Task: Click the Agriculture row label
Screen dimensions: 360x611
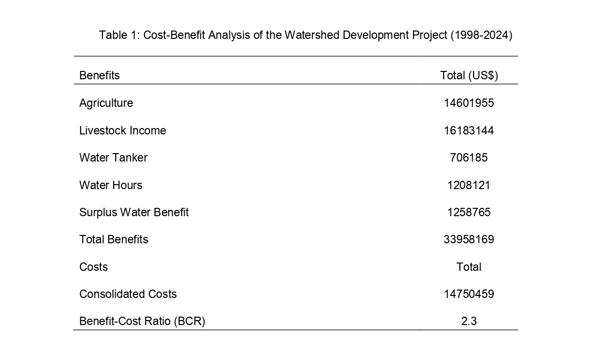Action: pos(106,103)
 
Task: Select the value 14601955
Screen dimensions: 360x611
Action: pos(469,103)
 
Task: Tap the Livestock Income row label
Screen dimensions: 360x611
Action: pos(123,131)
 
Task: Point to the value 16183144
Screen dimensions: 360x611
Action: pos(469,131)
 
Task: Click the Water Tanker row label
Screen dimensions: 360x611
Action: pos(113,158)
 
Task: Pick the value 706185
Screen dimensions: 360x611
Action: pos(469,158)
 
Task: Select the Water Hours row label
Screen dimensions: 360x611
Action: pos(111,185)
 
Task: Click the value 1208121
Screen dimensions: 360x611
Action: pos(469,185)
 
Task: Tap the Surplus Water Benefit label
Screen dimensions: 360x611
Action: pos(134,212)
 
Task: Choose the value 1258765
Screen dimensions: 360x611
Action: pos(469,212)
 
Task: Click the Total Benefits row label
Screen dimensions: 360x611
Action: pos(114,239)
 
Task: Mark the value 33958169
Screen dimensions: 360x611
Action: pos(469,239)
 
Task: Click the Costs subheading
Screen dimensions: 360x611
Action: pos(94,267)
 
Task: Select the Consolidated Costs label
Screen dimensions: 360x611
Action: pos(128,294)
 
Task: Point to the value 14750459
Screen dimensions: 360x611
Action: pos(469,294)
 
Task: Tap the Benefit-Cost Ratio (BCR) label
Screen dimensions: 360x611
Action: pos(142,321)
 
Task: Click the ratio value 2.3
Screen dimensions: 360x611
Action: pos(469,321)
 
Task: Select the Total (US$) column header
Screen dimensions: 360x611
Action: pos(469,75)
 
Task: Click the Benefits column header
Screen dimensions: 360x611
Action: pos(99,75)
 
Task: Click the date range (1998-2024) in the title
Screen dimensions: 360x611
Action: pos(481,35)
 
